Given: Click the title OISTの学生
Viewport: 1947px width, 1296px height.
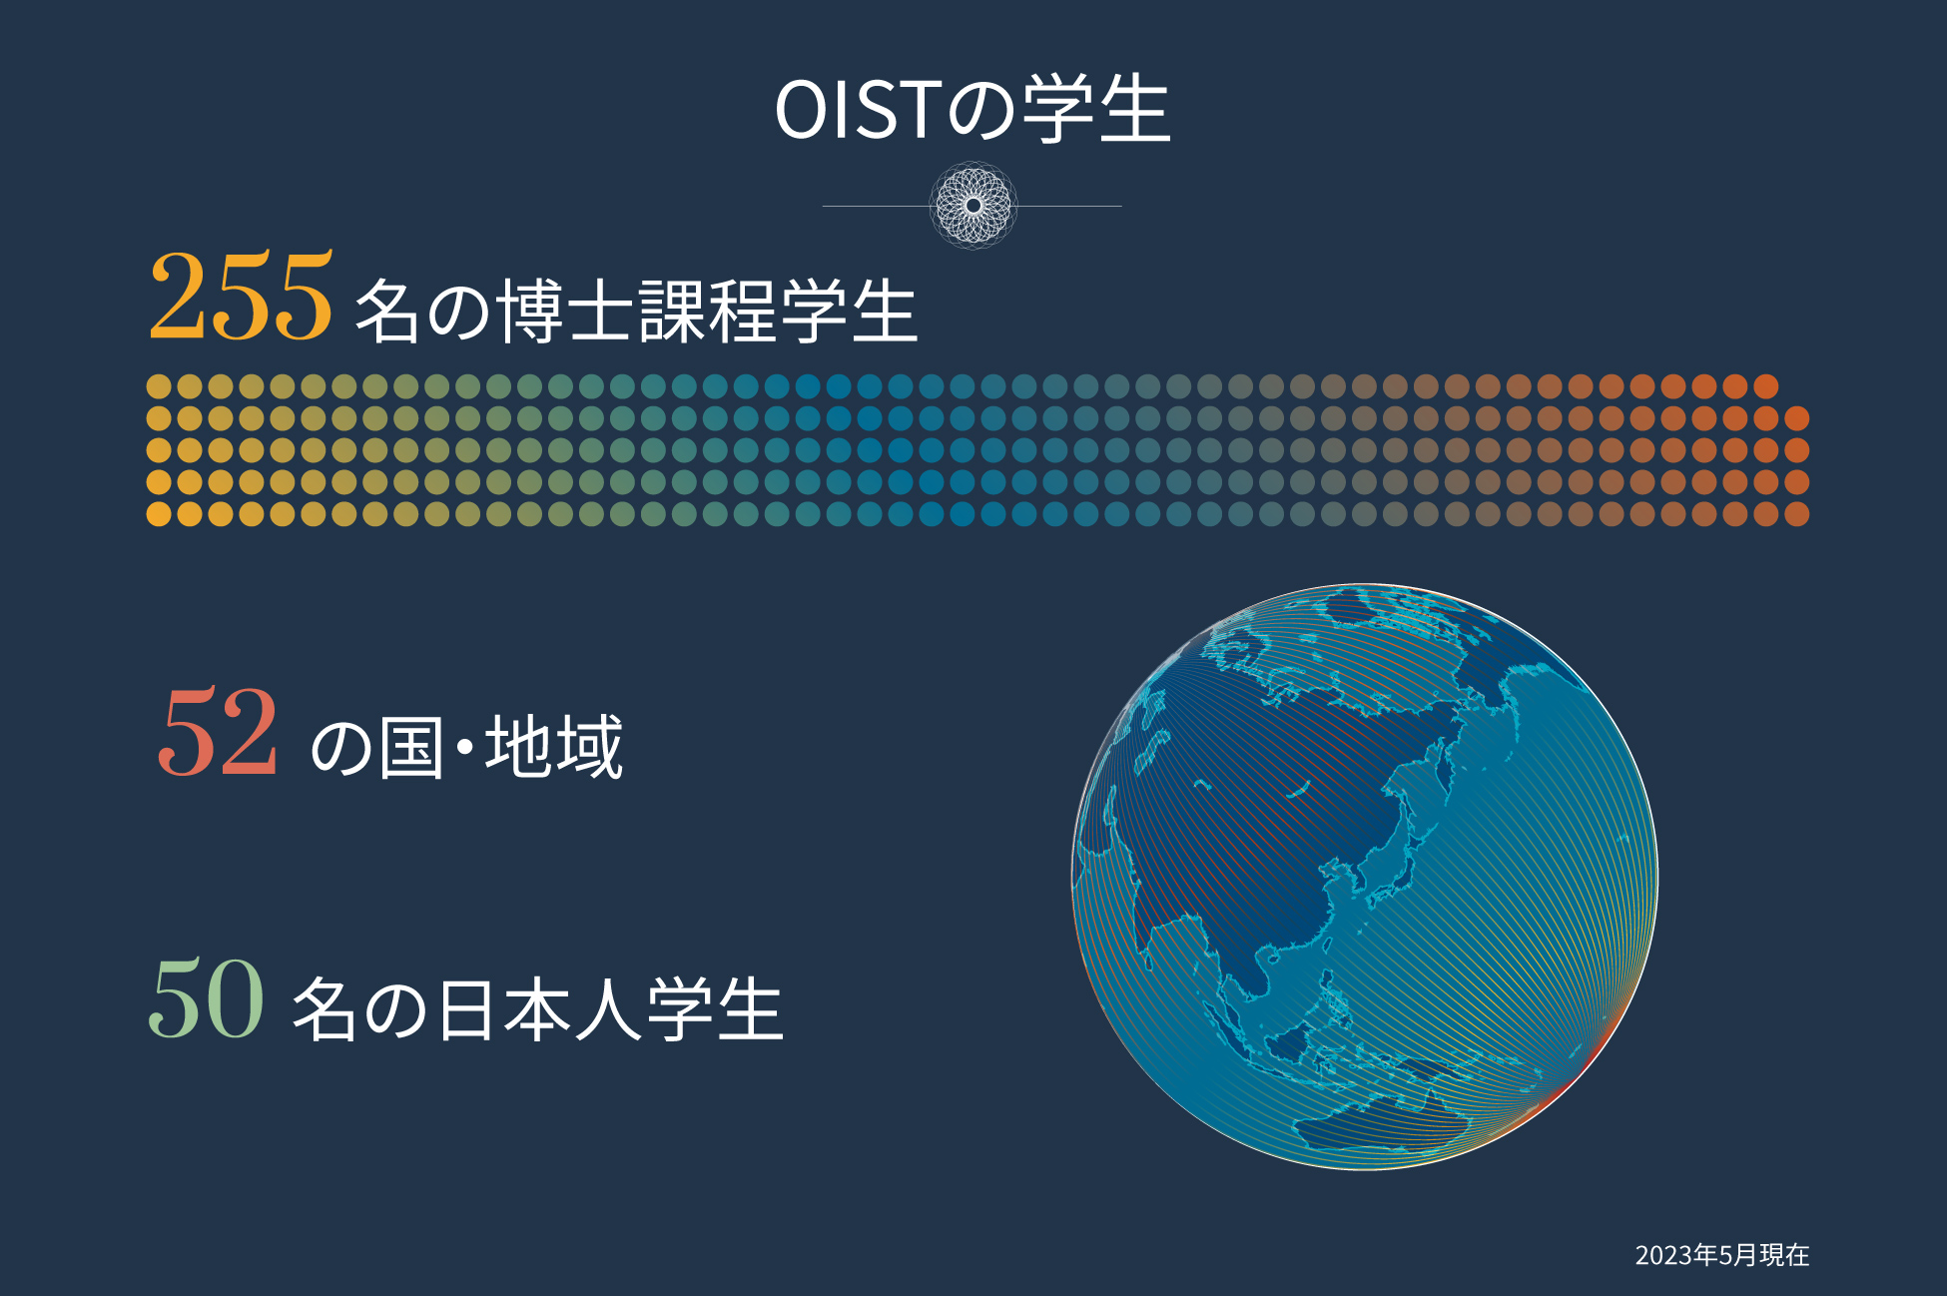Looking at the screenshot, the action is pyautogui.click(x=973, y=109).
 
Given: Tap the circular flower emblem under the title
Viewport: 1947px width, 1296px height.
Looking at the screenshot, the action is pyautogui.click(x=973, y=206).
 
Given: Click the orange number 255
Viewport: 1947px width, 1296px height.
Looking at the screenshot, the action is pyautogui.click(x=241, y=297).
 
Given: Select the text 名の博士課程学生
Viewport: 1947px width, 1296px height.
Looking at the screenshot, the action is pyautogui.click(x=636, y=311).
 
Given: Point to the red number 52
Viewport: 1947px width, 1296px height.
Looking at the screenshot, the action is pyautogui.click(x=218, y=732).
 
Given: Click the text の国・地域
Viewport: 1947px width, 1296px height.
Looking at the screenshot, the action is pyautogui.click(x=467, y=747).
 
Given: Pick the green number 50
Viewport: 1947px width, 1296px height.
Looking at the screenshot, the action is pyautogui.click(x=207, y=997).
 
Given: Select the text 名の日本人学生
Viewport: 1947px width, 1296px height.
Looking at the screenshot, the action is pyautogui.click(x=537, y=1009).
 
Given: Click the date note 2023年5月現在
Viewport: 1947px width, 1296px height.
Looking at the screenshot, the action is pyautogui.click(x=1722, y=1254).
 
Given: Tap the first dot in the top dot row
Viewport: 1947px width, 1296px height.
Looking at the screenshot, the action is pyautogui.click(x=159, y=386).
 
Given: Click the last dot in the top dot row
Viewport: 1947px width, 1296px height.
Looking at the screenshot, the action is pyautogui.click(x=1765, y=386).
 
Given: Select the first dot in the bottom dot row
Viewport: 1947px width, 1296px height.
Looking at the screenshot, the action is pyautogui.click(x=159, y=514).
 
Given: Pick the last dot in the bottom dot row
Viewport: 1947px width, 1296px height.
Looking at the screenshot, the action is pyautogui.click(x=1796, y=514).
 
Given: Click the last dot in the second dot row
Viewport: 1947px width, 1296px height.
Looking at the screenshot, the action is pyautogui.click(x=1796, y=418).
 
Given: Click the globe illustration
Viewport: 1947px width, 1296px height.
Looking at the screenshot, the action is pyautogui.click(x=1365, y=877).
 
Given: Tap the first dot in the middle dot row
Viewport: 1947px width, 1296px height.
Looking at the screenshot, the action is pyautogui.click(x=159, y=450).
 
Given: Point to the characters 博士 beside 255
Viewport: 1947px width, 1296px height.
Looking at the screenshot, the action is pyautogui.click(x=562, y=311).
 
